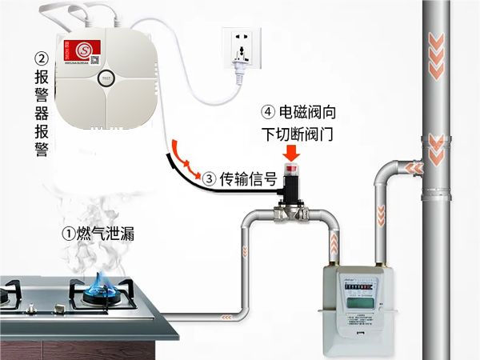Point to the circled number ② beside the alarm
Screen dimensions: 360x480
(42, 59)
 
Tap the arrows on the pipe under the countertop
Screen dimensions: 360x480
(227, 318)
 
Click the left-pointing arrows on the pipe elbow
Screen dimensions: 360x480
(415, 167)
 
